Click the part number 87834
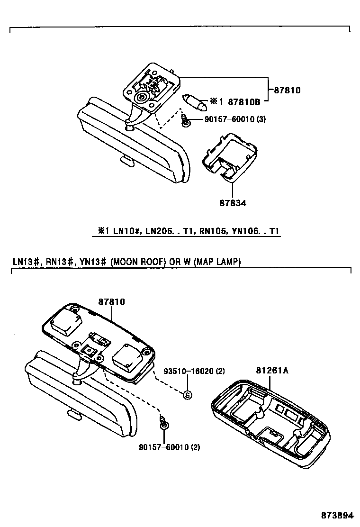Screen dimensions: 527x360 pyautogui.click(x=233, y=203)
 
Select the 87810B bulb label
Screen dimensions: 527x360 pyautogui.click(x=244, y=101)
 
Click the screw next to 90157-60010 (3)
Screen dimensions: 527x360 pyautogui.click(x=186, y=122)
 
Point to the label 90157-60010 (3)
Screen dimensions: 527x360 pyautogui.click(x=235, y=119)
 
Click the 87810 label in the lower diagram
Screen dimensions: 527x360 pyautogui.click(x=112, y=301)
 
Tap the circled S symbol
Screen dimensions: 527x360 pyautogui.click(x=187, y=394)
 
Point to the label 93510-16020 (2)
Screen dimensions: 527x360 pyautogui.click(x=194, y=371)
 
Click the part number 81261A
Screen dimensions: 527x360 pyautogui.click(x=272, y=371)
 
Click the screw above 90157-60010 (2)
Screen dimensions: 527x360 pyautogui.click(x=164, y=423)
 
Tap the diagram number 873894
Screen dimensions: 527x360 pyautogui.click(x=338, y=515)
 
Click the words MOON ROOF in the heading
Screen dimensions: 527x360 pyautogui.click(x=135, y=262)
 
